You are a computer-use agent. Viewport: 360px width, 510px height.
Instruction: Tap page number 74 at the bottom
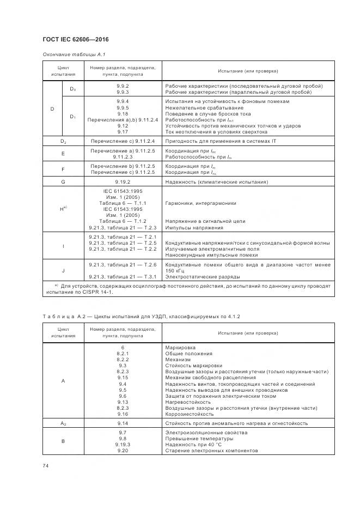(x=46, y=465)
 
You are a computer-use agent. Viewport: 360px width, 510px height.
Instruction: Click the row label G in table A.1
(x=63, y=181)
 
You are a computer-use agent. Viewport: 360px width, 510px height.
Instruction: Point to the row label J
(x=63, y=270)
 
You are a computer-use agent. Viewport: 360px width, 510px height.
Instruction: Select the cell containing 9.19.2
(x=123, y=181)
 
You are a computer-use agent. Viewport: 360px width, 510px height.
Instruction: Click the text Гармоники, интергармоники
(x=200, y=203)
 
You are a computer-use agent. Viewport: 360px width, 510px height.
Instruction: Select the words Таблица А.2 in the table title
(x=61, y=316)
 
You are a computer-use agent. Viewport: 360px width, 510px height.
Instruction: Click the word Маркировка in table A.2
(x=180, y=347)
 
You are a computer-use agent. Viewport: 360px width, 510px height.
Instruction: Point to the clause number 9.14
(x=123, y=423)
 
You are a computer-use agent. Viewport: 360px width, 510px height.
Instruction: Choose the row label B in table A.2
(x=63, y=442)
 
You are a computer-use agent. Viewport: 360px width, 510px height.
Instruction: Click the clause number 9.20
(x=123, y=451)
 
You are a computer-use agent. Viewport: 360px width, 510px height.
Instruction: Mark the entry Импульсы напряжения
(x=191, y=227)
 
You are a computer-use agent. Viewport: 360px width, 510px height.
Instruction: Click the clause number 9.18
(x=123, y=114)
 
